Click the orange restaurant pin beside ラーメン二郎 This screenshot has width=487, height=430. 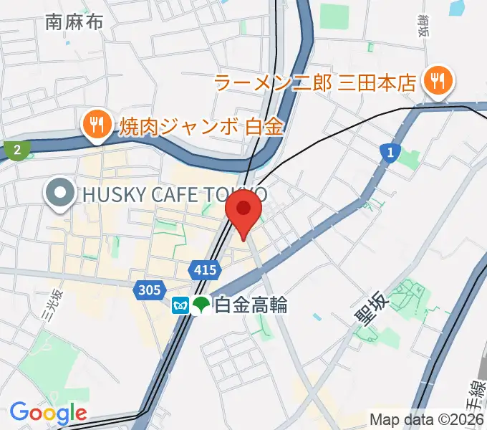[x=435, y=80]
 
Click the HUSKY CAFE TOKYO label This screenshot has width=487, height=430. [x=175, y=193]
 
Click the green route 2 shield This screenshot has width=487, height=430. [x=16, y=150]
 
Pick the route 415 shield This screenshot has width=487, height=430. [x=204, y=269]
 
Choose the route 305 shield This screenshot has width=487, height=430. [x=147, y=290]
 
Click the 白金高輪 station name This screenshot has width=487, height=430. [x=251, y=305]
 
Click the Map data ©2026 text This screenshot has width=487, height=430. [x=426, y=419]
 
